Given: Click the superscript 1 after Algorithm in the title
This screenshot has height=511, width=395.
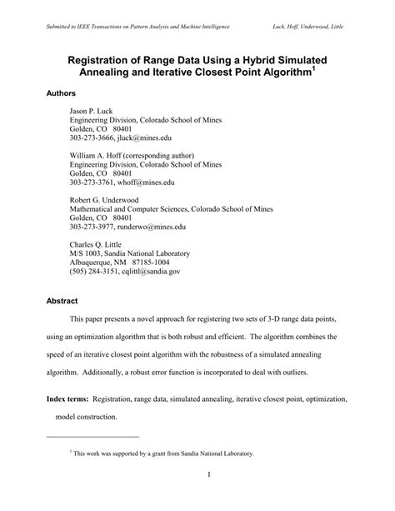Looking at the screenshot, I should [x=313, y=70].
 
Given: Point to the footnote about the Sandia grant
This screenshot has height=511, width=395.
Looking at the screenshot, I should [x=162, y=454].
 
